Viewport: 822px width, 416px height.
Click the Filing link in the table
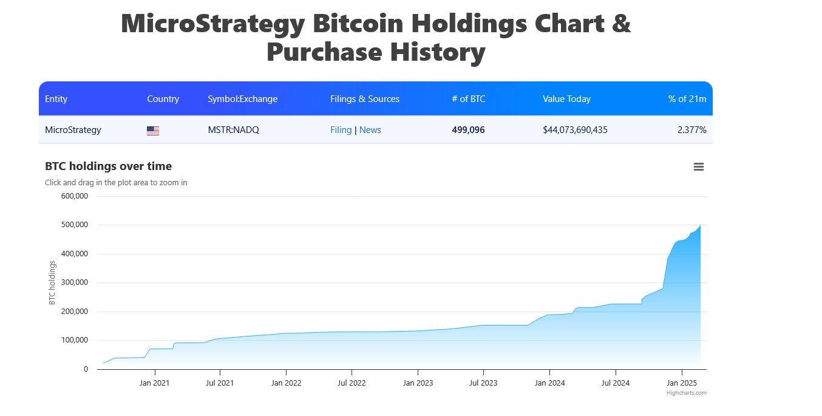[x=341, y=130]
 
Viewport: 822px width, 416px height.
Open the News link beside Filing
[x=370, y=130]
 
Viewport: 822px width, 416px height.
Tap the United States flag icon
[x=153, y=131]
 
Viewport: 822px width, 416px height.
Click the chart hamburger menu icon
[x=699, y=167]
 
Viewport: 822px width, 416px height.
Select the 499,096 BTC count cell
[x=468, y=130]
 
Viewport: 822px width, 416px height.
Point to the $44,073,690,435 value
[x=575, y=130]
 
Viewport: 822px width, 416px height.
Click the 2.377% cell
[x=691, y=130]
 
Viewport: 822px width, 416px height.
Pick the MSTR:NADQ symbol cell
[x=233, y=130]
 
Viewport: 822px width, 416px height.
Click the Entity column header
[x=56, y=99]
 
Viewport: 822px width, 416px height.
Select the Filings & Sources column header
[x=365, y=99]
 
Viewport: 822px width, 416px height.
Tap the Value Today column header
[x=566, y=99]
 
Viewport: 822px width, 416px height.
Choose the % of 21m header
[x=687, y=99]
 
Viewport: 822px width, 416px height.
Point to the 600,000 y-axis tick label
[x=75, y=196]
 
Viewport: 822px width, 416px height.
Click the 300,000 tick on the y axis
[x=75, y=282]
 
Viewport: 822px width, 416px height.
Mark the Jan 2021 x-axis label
[x=155, y=383]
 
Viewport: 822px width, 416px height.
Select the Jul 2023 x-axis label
[x=483, y=383]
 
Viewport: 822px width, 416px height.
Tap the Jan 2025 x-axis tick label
[x=682, y=383]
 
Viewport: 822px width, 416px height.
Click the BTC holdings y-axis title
[x=52, y=282]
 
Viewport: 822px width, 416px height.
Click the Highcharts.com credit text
[x=687, y=393]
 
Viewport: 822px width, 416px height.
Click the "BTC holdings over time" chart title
[x=108, y=166]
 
